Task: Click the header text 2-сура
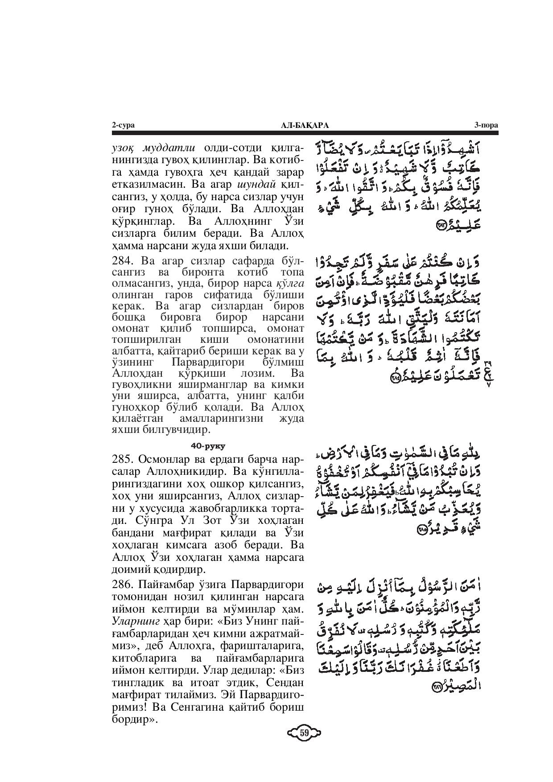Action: point(123,125)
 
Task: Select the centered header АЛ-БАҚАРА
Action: point(305,125)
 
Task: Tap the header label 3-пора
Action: point(486,125)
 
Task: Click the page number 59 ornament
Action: point(305,732)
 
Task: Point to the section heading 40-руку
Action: point(208,445)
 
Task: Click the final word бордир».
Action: point(135,720)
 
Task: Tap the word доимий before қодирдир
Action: point(132,569)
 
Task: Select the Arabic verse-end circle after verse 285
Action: point(422,529)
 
